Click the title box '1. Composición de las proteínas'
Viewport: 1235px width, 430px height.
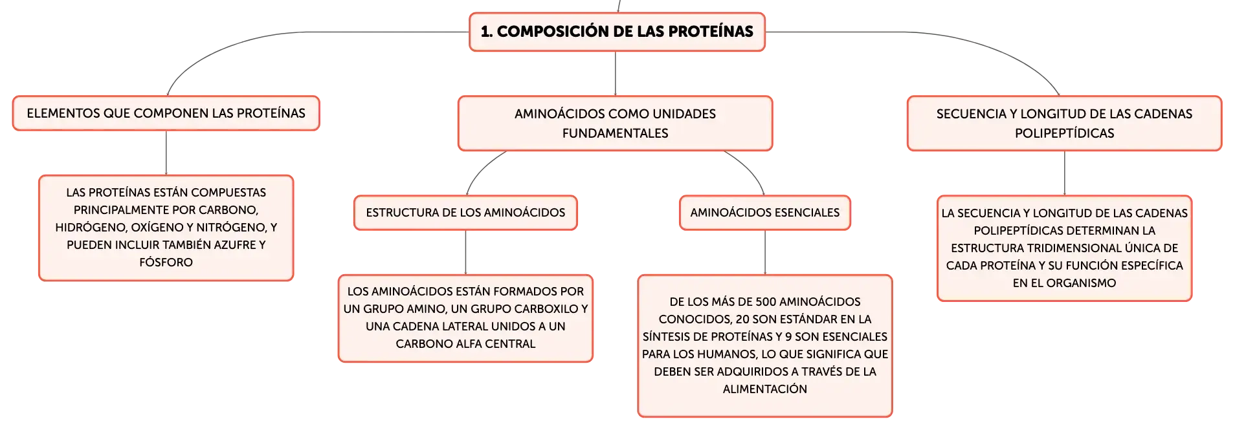pos(617,32)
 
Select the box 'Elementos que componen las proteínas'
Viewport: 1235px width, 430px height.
pos(166,113)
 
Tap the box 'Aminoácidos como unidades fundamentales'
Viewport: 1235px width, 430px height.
pos(615,124)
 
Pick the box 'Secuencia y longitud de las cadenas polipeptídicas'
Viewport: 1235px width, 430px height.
pos(1064,124)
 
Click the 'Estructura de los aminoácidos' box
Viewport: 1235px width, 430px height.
pos(465,213)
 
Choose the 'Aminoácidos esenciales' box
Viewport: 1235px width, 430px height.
pos(765,213)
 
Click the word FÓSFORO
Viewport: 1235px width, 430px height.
pos(166,263)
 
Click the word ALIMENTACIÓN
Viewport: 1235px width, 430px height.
pos(765,389)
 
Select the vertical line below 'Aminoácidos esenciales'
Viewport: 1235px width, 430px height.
pos(765,252)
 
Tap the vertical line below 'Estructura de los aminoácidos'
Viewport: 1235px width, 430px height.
pos(465,252)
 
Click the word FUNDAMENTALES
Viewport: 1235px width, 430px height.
pos(615,133)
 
